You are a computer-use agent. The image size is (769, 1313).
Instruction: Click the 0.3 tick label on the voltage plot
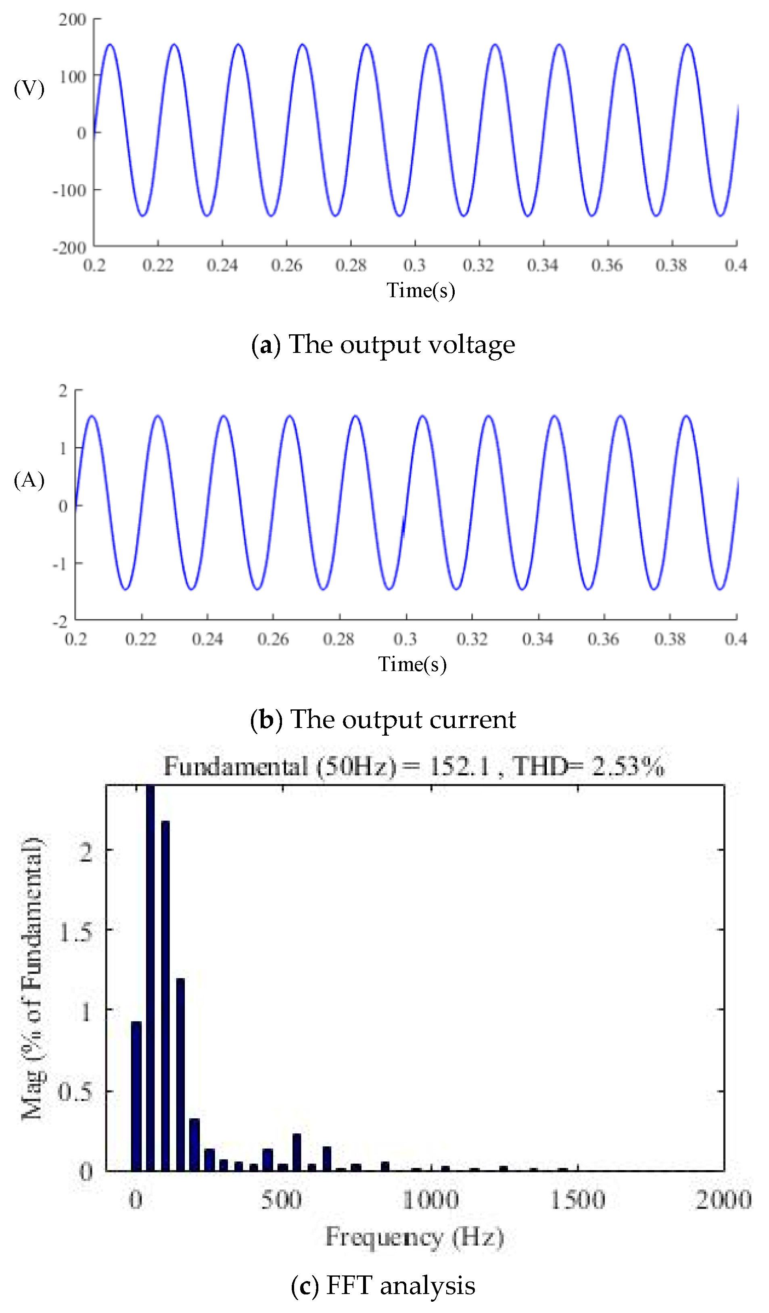point(414,266)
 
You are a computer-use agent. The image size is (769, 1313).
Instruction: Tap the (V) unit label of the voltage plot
point(29,88)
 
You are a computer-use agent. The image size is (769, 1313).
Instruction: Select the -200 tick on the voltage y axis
point(70,248)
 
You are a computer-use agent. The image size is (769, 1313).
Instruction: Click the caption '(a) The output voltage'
point(383,344)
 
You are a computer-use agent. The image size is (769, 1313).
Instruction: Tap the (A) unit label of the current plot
point(29,480)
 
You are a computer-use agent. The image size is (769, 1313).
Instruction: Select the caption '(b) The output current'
point(383,719)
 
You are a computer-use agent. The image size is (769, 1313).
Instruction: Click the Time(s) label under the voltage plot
point(421,290)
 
